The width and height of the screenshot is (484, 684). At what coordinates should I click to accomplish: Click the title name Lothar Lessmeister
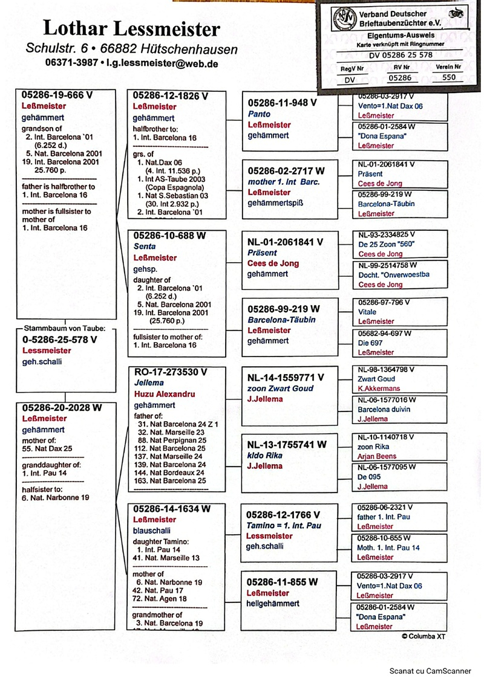coord(131,28)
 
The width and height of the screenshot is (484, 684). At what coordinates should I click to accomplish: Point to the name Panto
coord(259,114)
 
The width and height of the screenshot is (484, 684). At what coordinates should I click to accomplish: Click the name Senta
coord(144,247)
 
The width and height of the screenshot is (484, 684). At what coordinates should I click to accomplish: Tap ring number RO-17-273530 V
coord(170,371)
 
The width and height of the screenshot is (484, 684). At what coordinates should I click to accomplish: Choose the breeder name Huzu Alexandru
coord(164,394)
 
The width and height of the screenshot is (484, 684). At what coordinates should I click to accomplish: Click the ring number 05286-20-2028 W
coord(62,408)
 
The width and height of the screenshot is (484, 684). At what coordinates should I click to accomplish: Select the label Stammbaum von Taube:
coord(65,328)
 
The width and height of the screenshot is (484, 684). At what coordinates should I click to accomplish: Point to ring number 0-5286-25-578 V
coord(59,339)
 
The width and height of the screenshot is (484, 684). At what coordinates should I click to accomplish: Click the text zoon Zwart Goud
coord(281,389)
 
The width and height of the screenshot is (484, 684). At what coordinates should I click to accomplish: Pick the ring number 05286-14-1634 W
coord(172,509)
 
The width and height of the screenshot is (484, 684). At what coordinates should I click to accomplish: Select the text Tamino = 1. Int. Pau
coord(284,526)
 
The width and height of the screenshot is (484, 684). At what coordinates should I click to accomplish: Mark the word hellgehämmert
coord(273,604)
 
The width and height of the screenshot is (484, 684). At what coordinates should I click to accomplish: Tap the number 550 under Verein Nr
coord(449,77)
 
